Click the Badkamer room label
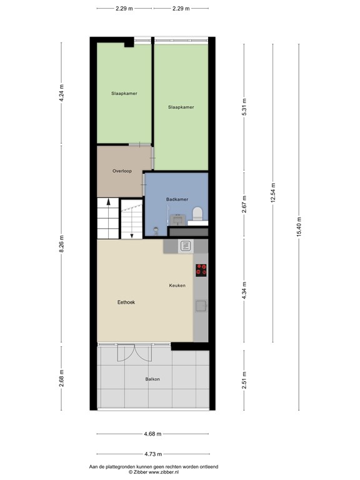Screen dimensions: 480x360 (x=177, y=199)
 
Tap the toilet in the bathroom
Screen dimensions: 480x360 (x=198, y=213)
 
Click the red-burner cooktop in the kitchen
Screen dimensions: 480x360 (x=201, y=270)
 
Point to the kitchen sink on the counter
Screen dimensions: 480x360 (x=201, y=306)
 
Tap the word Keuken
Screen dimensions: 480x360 (x=177, y=286)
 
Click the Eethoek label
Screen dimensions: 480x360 (x=126, y=302)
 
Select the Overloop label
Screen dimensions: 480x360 (x=122, y=171)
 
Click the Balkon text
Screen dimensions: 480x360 (x=152, y=379)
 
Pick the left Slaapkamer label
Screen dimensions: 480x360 (x=124, y=93)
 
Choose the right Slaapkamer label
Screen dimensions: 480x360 (x=181, y=107)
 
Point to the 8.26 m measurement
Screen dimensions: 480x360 (x=61, y=244)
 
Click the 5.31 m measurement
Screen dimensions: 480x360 (x=244, y=110)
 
